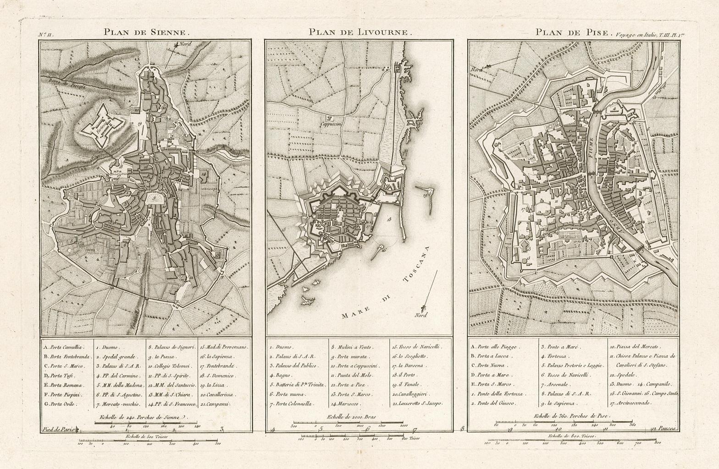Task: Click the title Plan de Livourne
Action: point(361,33)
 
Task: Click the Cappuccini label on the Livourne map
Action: point(330,124)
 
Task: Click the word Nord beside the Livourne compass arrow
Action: point(420,315)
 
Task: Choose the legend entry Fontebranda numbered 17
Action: point(217,366)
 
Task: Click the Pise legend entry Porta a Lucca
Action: point(490,356)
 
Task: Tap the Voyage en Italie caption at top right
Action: point(646,34)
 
